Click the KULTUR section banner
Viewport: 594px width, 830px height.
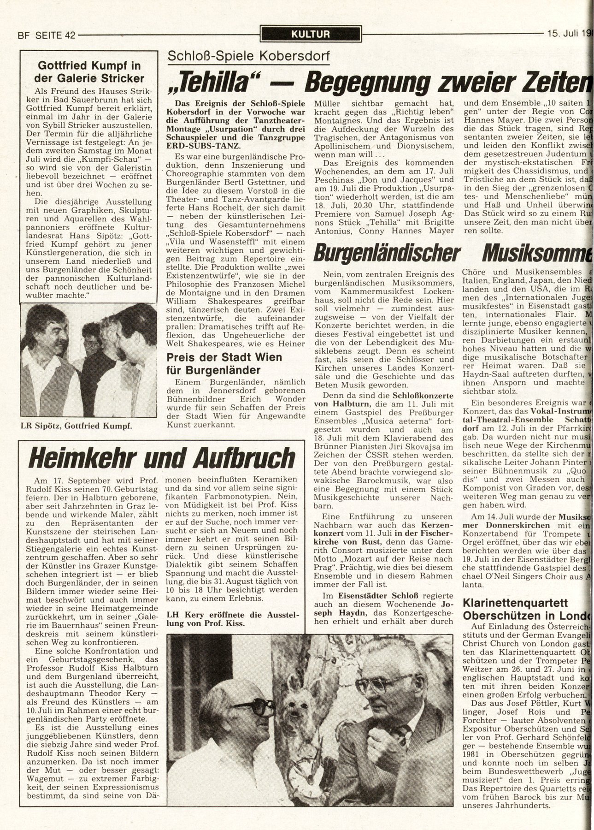pos(311,34)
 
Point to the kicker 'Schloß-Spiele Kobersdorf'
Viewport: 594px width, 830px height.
pos(248,56)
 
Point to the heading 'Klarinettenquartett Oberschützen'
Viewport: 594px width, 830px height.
pos(525,609)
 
